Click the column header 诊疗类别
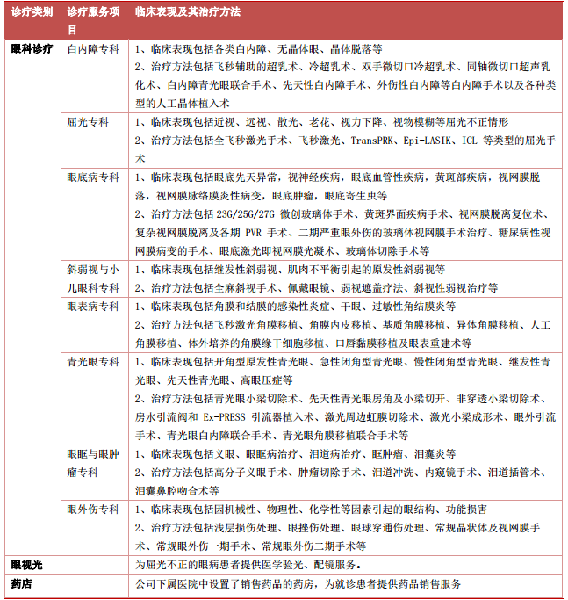click(31, 13)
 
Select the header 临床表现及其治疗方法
click(188, 13)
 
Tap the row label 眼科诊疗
click(32, 48)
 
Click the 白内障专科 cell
click(93, 49)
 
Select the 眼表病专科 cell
click(93, 307)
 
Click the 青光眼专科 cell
click(93, 362)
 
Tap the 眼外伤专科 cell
click(93, 509)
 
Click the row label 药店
click(21, 582)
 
